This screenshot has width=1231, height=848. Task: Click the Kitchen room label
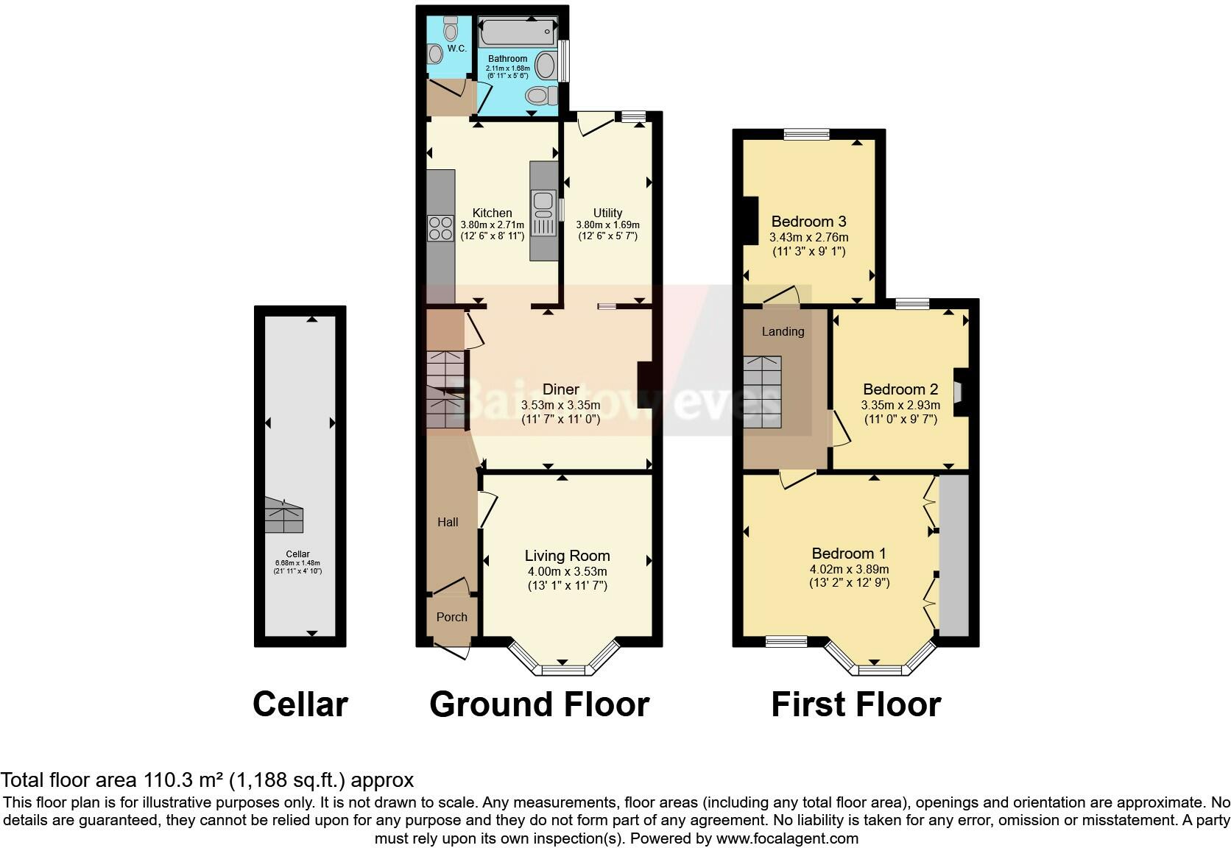(492, 213)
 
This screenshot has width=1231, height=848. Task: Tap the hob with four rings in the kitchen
(441, 229)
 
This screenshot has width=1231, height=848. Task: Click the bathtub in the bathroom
(517, 32)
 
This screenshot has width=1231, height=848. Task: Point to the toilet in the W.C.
(451, 28)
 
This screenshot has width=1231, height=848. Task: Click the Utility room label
(607, 213)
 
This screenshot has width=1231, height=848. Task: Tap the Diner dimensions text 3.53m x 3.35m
(560, 405)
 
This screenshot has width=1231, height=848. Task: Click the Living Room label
(567, 556)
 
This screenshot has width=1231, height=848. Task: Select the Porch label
(452, 617)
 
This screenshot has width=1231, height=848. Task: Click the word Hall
(448, 522)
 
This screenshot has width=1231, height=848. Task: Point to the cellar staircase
(283, 515)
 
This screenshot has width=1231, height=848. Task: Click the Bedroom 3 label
(808, 222)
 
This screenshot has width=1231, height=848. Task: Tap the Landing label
(783, 331)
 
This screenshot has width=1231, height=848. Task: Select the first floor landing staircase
(763, 392)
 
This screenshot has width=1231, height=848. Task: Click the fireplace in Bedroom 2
(962, 392)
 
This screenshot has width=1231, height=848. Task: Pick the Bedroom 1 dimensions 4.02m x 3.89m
(849, 569)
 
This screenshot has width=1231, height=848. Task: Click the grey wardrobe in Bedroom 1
(954, 555)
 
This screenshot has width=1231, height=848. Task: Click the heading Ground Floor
(539, 704)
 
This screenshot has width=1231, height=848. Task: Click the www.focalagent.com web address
(787, 838)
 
